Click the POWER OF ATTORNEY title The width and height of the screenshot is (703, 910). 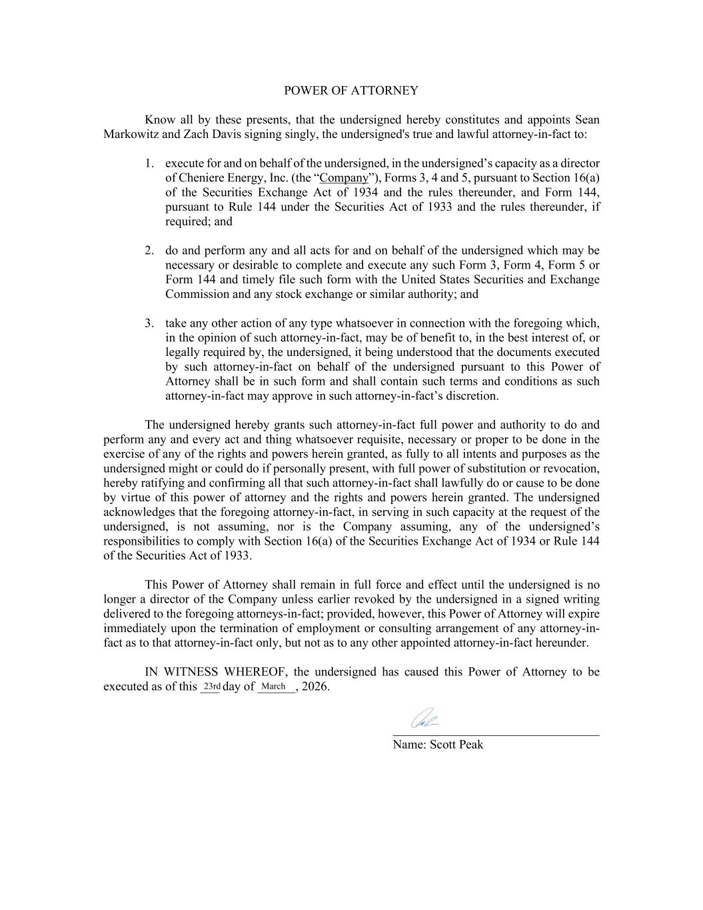(x=351, y=91)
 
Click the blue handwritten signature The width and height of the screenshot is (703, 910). (x=424, y=719)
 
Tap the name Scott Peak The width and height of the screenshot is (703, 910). (x=456, y=745)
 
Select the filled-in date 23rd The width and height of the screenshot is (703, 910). (x=211, y=687)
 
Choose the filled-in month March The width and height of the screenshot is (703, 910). (x=274, y=687)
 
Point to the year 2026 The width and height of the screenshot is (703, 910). (x=315, y=687)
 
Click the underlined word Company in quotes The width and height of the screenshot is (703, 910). (x=344, y=178)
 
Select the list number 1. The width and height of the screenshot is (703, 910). (x=149, y=163)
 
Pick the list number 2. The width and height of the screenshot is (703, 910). (x=149, y=251)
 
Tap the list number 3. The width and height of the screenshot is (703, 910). (x=149, y=323)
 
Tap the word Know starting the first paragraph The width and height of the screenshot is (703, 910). (x=160, y=120)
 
